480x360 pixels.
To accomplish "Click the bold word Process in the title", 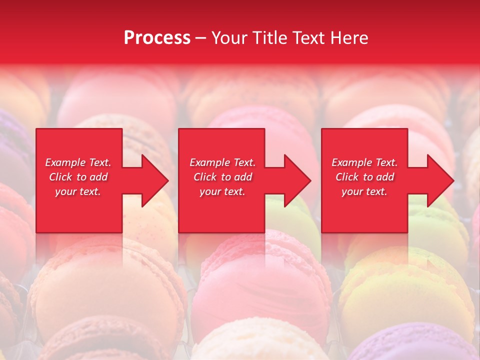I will (157, 38).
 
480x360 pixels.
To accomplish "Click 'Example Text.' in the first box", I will (78, 162).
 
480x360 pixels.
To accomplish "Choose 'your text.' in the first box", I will (78, 191).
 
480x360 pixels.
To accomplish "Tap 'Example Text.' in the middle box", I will (222, 162).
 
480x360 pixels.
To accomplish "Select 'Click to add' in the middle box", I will (222, 177).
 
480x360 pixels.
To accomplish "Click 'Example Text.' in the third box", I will (364, 162).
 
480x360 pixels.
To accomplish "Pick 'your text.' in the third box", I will (364, 191).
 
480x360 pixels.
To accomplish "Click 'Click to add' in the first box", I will (78, 177).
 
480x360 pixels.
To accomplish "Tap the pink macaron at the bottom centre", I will (260, 290).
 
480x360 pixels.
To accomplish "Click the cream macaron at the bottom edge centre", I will (255, 345).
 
